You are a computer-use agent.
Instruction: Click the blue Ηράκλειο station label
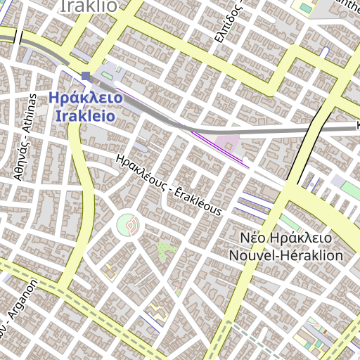coord(86,99)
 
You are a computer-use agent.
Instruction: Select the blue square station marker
coord(86,75)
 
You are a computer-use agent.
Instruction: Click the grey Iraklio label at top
coord(89,6)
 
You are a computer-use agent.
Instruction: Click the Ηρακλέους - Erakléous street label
coord(169,185)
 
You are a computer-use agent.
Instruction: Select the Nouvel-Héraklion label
coord(286,255)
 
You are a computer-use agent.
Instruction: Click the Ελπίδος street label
coord(238,21)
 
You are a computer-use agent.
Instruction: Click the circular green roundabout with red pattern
coord(127,226)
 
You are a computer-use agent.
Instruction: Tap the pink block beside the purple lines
coord(226,143)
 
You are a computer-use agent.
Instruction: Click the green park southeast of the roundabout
coord(166,249)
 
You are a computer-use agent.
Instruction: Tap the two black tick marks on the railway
coord(18,37)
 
